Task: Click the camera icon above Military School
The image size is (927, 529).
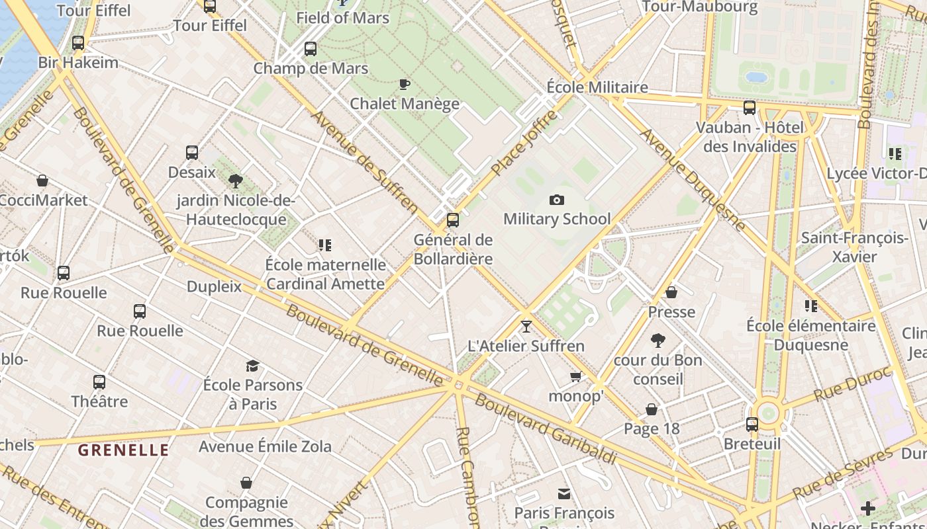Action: (557, 200)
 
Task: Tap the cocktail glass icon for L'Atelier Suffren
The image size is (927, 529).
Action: (526, 326)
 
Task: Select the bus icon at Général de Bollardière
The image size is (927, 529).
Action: (453, 220)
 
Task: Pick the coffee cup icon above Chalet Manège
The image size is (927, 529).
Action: (405, 84)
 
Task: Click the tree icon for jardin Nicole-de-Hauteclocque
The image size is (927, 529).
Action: (235, 181)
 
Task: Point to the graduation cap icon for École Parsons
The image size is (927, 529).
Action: (252, 366)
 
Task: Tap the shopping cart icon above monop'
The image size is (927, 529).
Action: (576, 376)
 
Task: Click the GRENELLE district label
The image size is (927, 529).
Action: (123, 450)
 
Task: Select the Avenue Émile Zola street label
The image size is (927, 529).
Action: (265, 446)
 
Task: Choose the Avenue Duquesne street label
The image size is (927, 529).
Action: (693, 179)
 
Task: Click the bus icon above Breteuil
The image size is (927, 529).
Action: (752, 425)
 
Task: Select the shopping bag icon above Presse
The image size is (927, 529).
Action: (671, 292)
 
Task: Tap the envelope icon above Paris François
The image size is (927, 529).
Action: (564, 494)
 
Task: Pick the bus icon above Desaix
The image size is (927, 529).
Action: (192, 153)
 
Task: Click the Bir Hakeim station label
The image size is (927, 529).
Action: (78, 63)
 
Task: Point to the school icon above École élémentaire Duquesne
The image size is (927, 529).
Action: (811, 306)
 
